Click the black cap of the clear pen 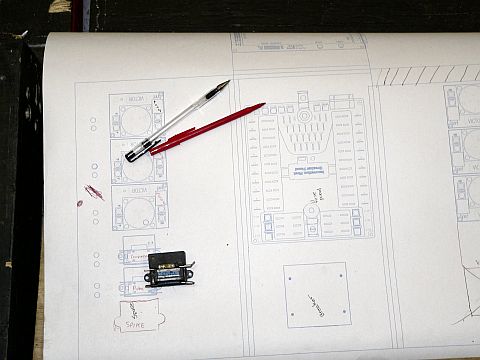click(x=136, y=153)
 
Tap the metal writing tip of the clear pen click(x=227, y=83)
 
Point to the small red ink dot click(x=79, y=203)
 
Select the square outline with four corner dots click(x=315, y=294)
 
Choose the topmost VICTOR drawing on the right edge click(x=465, y=104)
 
